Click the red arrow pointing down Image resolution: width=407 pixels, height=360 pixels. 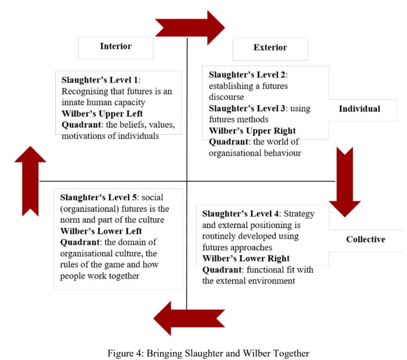(x=345, y=181)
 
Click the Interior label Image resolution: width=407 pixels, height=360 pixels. (x=116, y=46)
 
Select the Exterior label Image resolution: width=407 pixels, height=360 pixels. (x=270, y=48)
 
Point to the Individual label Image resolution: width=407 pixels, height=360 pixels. (x=359, y=109)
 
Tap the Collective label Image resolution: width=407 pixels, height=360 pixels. (x=366, y=239)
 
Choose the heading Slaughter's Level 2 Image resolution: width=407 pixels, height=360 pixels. (x=247, y=74)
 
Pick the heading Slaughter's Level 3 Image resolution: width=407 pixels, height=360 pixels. (x=247, y=108)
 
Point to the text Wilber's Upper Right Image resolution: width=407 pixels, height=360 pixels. (x=253, y=131)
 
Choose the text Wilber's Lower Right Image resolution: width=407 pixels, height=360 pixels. (x=246, y=258)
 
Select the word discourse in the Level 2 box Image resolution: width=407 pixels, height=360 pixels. (x=228, y=97)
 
